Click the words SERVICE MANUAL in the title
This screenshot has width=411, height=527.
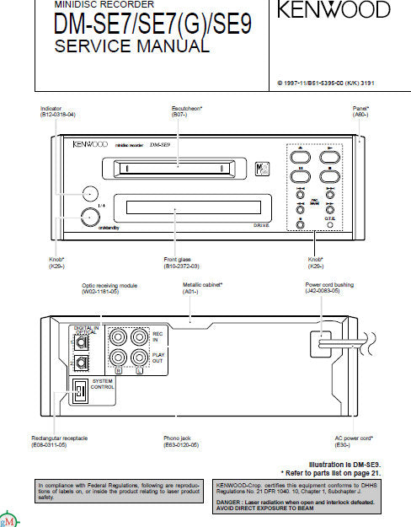pos(132,46)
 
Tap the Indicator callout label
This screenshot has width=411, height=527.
pos(51,109)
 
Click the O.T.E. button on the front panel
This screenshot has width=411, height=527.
pos(330,222)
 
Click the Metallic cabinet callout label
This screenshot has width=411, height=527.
pos(203,286)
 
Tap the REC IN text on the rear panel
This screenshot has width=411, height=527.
pos(157,337)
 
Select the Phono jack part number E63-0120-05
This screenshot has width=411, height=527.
pos(181,444)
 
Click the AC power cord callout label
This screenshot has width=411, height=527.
pos(355,438)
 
